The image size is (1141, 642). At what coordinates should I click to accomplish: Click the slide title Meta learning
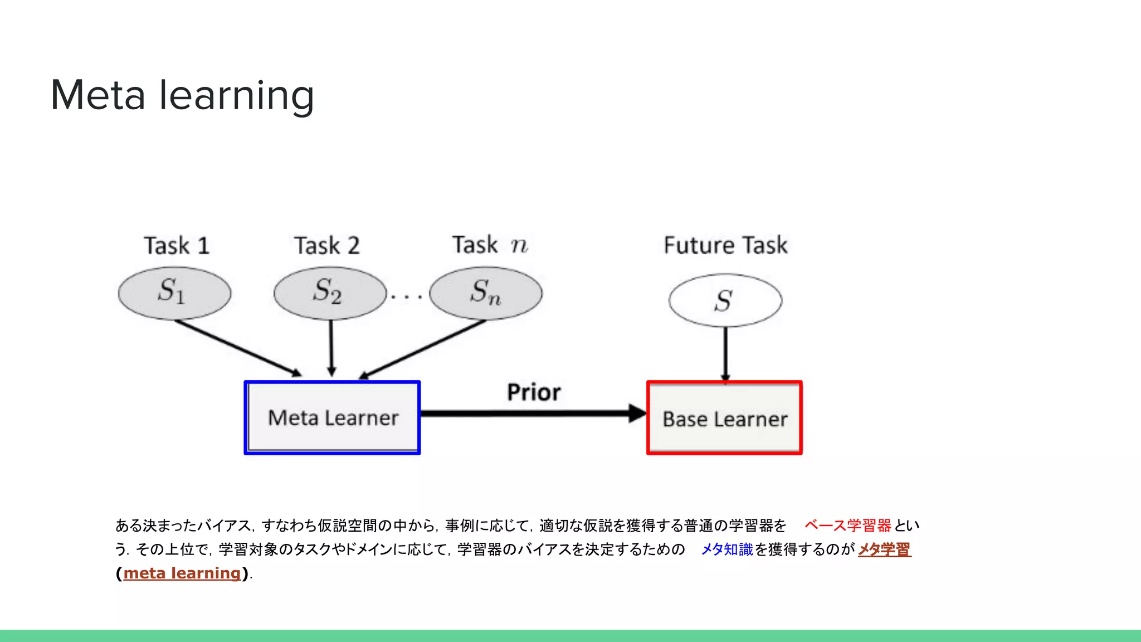182,95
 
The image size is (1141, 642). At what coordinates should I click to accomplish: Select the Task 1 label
177,246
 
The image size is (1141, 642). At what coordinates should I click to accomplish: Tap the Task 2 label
327,246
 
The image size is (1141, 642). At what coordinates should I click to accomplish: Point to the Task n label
490,245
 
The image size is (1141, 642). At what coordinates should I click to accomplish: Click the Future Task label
725,245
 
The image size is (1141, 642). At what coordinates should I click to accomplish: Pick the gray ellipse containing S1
174,293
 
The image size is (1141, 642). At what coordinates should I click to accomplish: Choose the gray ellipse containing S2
330,293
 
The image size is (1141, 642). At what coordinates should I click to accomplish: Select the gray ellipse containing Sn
485,293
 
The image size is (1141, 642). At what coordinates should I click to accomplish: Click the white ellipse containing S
725,300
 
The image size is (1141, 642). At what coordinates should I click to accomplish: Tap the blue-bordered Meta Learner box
332,418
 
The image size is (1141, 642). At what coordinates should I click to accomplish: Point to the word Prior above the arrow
533,392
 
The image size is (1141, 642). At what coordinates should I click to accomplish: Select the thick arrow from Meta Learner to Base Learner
529,414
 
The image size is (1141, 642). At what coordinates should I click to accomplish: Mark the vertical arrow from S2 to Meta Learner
331,348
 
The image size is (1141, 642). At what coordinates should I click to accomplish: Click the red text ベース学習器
847,526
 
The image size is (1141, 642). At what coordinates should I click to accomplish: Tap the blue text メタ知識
726,549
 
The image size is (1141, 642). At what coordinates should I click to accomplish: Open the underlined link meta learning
182,573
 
